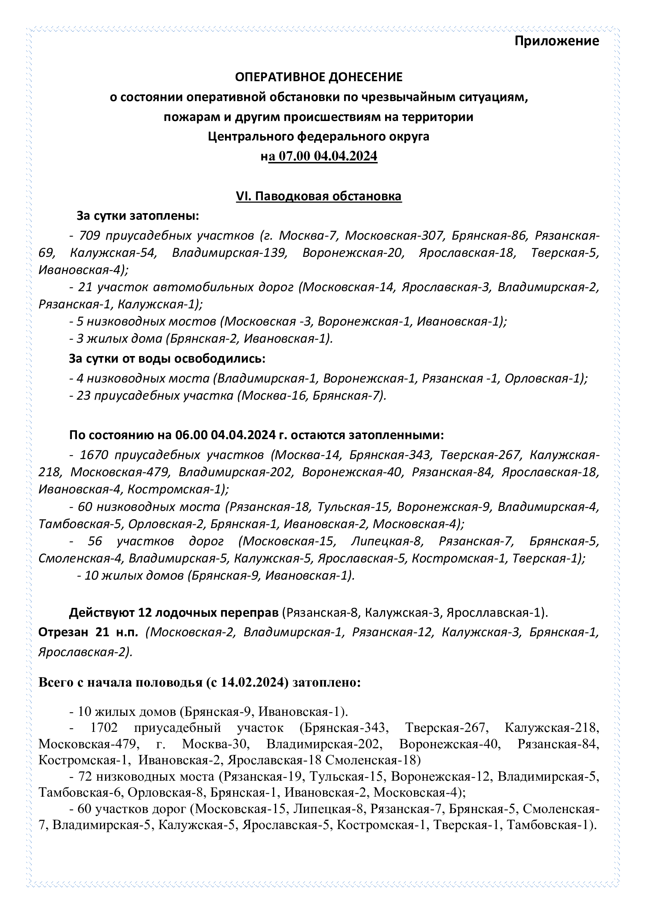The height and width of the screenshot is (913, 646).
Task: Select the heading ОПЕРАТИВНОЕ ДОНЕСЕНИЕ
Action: coord(319,77)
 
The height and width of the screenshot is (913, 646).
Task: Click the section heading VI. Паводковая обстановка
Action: coord(319,196)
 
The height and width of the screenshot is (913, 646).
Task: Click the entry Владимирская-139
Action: coord(230,253)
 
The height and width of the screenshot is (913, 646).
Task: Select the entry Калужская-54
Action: coord(113,253)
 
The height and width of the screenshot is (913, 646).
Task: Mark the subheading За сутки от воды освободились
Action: coord(167,358)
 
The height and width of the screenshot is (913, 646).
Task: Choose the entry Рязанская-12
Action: coord(392,632)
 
